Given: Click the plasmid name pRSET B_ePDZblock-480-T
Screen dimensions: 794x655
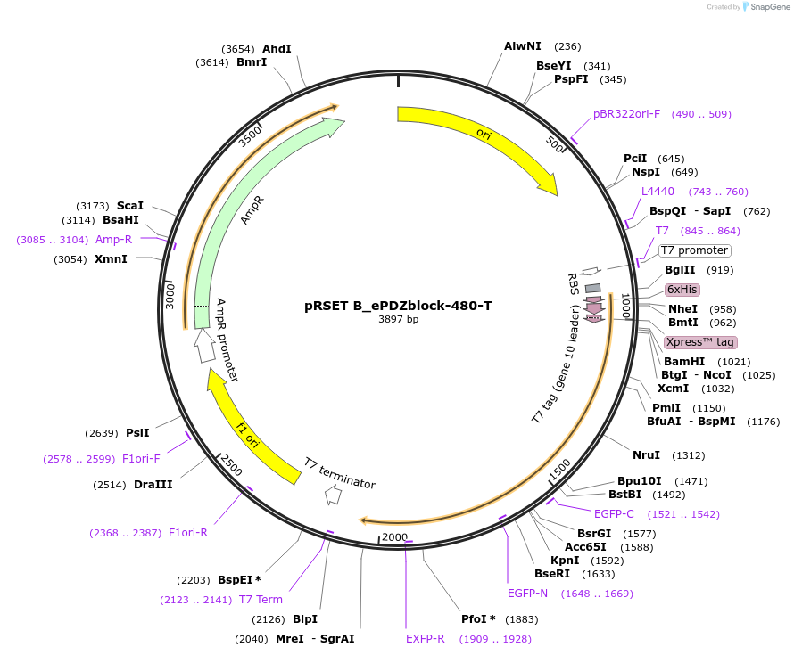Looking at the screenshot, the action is [398, 306].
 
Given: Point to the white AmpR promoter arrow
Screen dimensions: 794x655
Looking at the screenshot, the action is [204, 346].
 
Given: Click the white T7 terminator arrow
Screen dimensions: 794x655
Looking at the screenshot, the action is [333, 495].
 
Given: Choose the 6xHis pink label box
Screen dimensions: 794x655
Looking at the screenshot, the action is [682, 290].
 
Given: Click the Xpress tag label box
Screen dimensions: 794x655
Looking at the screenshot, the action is [700, 342].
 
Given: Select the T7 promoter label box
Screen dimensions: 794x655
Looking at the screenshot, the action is [695, 250].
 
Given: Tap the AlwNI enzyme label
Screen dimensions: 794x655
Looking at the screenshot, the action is [523, 46].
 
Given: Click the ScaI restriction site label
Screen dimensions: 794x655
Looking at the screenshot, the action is [130, 205].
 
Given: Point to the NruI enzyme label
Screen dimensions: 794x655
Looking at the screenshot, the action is [646, 454].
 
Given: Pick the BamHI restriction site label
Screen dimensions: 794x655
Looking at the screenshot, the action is [684, 361].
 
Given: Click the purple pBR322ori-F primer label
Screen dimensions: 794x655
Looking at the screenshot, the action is [627, 114].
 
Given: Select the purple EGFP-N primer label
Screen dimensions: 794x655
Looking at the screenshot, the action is [527, 593].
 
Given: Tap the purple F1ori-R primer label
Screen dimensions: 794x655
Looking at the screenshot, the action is [188, 532].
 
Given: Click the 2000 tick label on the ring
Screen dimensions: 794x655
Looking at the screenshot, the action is [394, 536].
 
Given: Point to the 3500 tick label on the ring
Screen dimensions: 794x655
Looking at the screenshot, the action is [250, 136].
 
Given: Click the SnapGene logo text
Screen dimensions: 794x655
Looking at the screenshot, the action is [770, 6].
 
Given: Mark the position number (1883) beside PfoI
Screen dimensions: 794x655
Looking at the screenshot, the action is [522, 619].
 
